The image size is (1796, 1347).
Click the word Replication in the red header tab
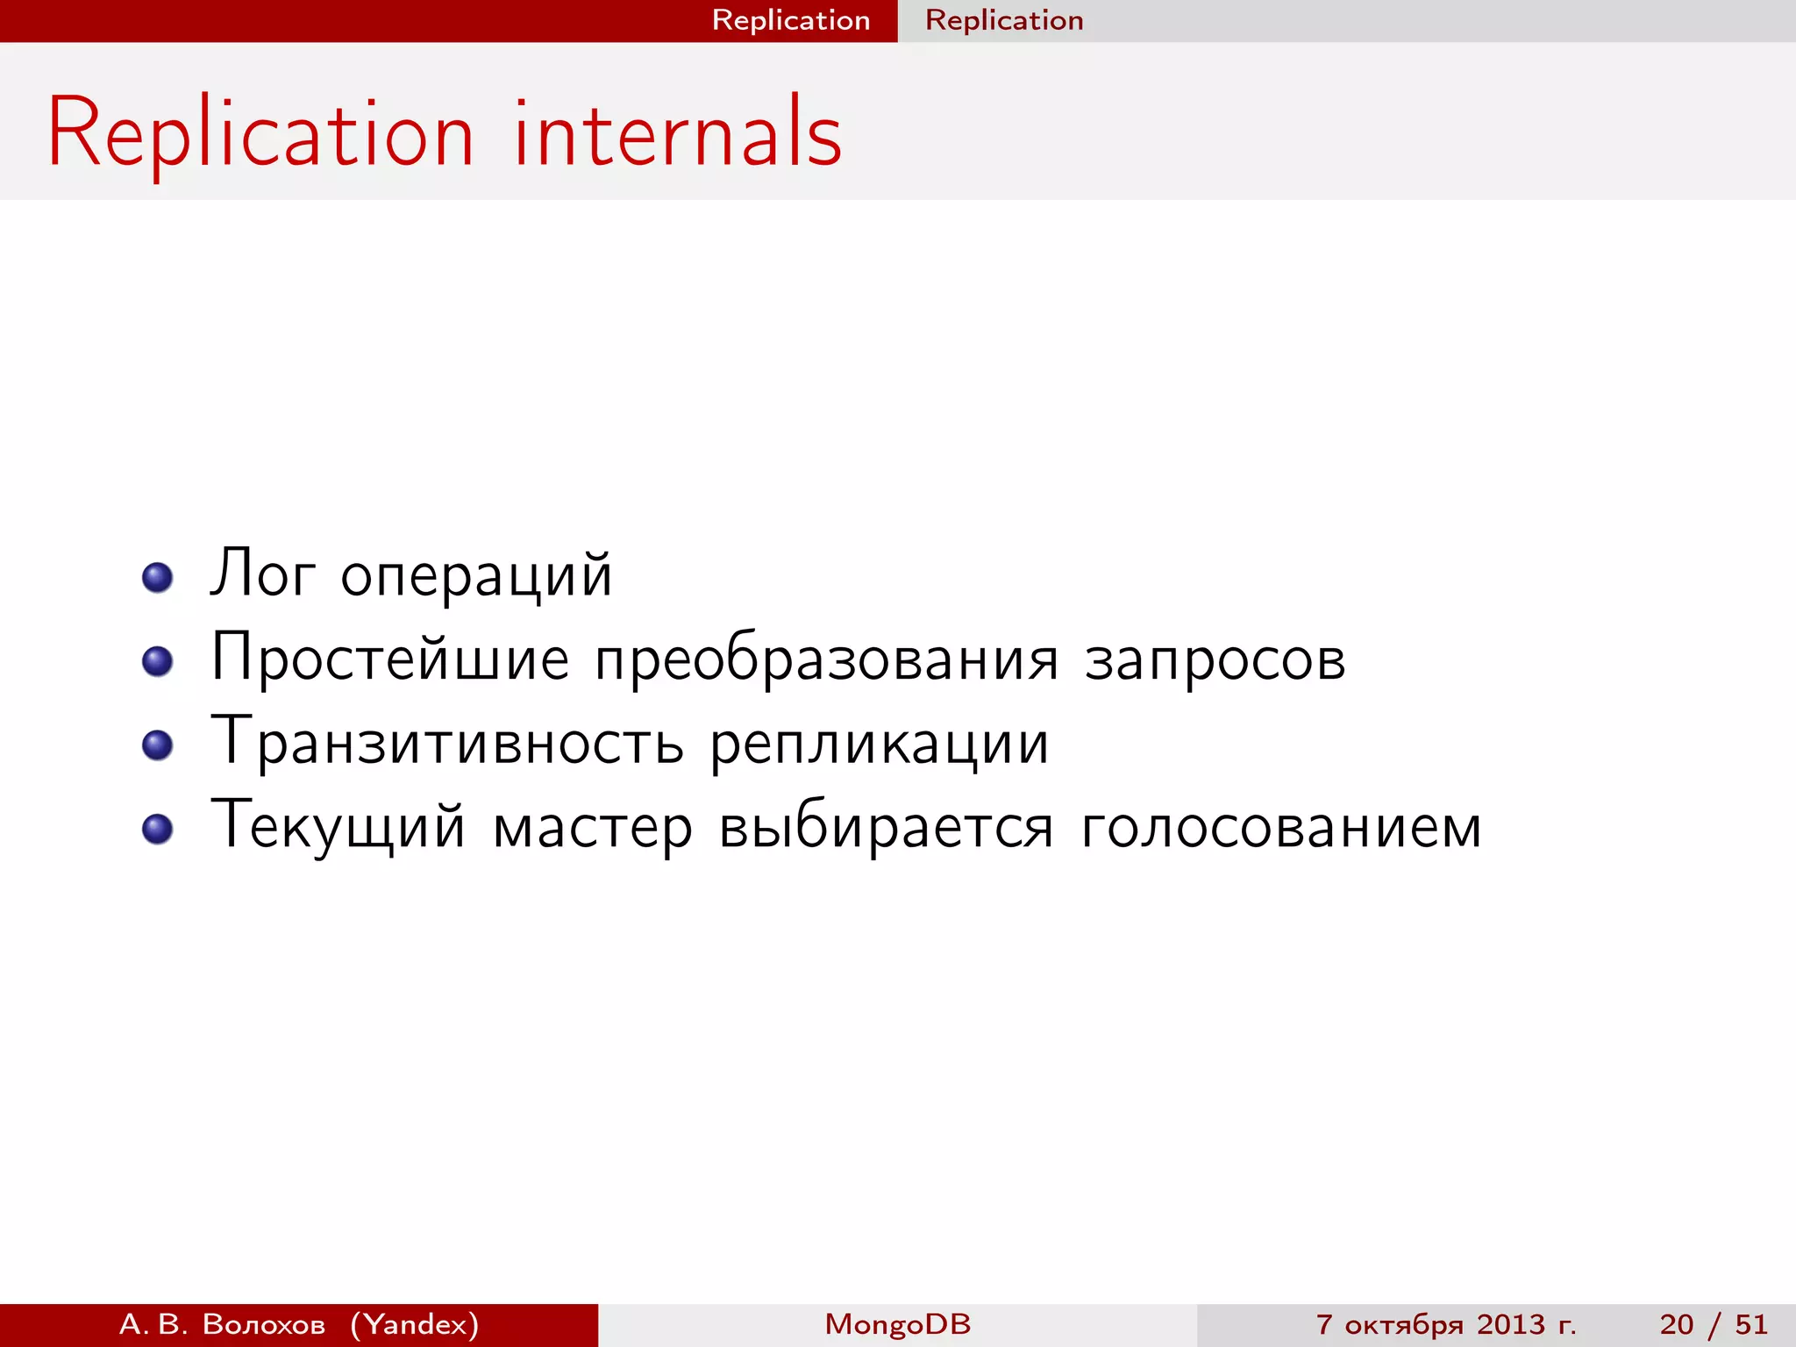point(791,20)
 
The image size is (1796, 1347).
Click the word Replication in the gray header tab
point(1004,20)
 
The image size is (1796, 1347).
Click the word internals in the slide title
point(677,134)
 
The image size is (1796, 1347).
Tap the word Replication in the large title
point(260,134)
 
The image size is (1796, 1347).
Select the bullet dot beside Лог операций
point(157,577)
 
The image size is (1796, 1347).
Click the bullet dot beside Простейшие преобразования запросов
point(157,661)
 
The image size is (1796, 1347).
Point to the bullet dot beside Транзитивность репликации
point(157,745)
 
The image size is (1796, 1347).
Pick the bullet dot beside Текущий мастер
point(157,829)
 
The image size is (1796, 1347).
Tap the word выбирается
point(886,827)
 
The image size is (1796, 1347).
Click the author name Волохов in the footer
point(264,1324)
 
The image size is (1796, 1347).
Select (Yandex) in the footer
point(415,1324)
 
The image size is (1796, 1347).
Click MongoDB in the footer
point(898,1324)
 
